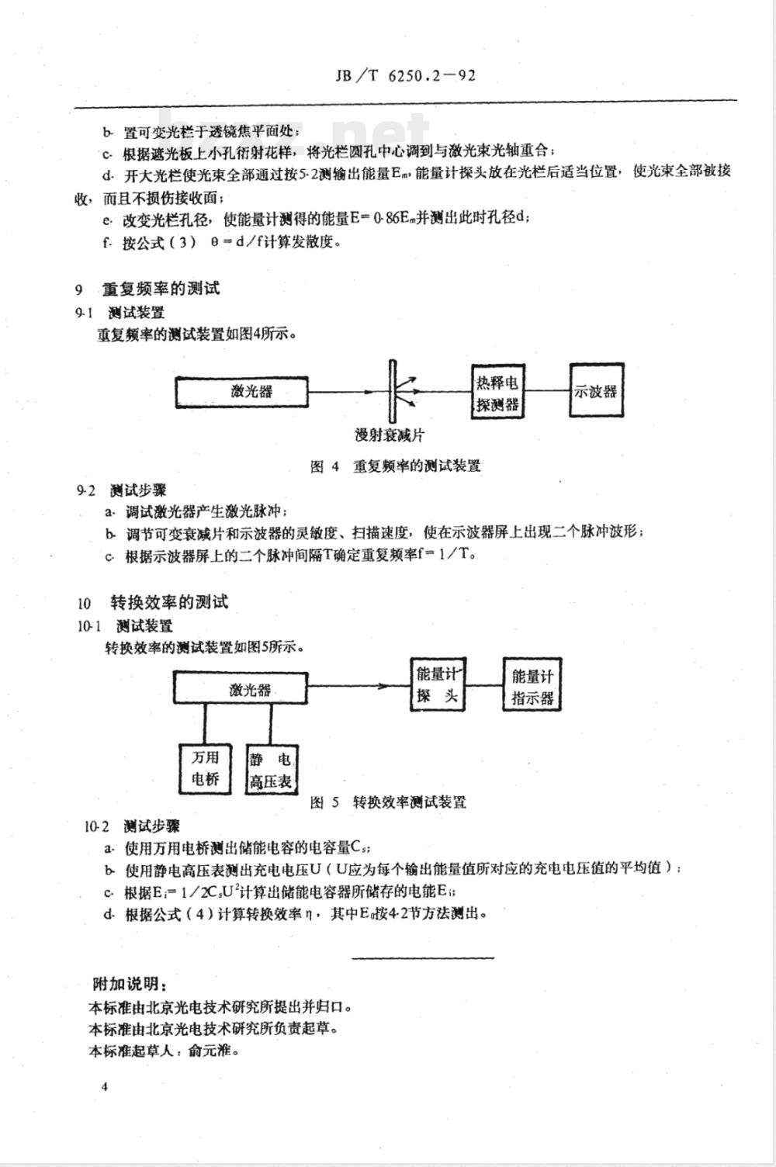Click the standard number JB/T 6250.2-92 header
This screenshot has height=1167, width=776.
404,76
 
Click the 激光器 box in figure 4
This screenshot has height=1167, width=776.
252,392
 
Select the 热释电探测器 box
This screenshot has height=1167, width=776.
497,393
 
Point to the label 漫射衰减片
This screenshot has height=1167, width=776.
390,435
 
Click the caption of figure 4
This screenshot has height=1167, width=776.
395,466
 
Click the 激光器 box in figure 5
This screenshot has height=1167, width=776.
240,689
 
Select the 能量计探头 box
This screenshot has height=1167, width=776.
436,685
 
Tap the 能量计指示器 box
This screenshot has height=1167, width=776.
532,687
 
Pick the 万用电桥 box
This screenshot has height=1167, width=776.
206,768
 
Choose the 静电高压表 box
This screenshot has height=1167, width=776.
271,770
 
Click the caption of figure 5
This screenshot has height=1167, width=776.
388,802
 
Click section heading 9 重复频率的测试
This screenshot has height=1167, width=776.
147,289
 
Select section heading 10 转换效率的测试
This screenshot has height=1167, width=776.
153,602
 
